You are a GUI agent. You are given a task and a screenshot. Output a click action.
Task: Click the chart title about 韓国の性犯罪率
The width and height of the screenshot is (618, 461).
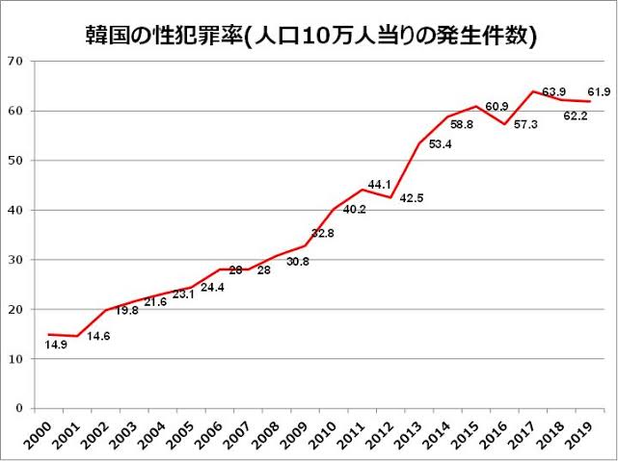[x=309, y=36]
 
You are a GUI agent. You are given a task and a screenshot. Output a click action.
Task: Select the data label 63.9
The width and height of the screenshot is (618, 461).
[x=554, y=91]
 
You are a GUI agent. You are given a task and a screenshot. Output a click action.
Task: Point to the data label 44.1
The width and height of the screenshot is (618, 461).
[x=378, y=185]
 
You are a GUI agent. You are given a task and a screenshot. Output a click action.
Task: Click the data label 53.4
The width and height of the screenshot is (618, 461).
[x=441, y=143]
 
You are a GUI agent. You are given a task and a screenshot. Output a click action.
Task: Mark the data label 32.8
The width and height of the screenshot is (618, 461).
[x=322, y=233]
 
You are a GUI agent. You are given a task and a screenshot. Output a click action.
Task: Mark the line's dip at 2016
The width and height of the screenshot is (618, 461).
[x=504, y=124]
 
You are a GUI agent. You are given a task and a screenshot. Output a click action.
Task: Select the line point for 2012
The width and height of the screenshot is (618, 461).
[x=390, y=197]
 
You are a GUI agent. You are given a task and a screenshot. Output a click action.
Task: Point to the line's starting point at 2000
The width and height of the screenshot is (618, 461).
[x=47, y=334]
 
